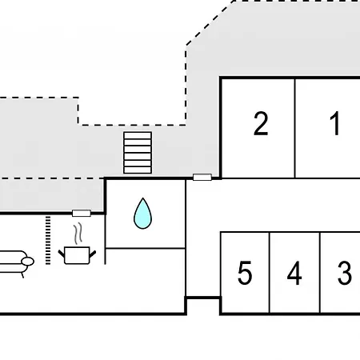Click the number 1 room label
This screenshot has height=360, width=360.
point(335,123)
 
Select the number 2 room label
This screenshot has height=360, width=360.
point(261,123)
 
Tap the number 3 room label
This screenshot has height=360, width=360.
point(345,273)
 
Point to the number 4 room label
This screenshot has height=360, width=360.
point(294,273)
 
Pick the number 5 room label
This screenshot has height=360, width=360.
point(245,273)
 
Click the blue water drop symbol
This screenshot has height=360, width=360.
point(142,214)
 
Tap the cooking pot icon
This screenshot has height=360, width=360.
point(77,255)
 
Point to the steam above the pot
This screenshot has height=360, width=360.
point(78,234)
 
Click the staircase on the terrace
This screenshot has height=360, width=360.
point(138,153)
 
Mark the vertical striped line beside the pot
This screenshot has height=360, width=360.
point(48,240)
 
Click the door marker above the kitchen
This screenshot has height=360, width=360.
point(82,213)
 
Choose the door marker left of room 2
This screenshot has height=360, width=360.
point(202,177)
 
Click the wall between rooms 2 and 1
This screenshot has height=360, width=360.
point(295,128)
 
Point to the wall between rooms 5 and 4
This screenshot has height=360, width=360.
point(270,273)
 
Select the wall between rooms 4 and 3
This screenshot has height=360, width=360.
point(320,273)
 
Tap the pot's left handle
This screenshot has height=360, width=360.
point(62,254)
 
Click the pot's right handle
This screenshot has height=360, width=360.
point(93,254)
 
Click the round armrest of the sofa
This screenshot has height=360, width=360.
point(27,262)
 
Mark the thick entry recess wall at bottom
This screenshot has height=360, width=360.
point(203,298)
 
